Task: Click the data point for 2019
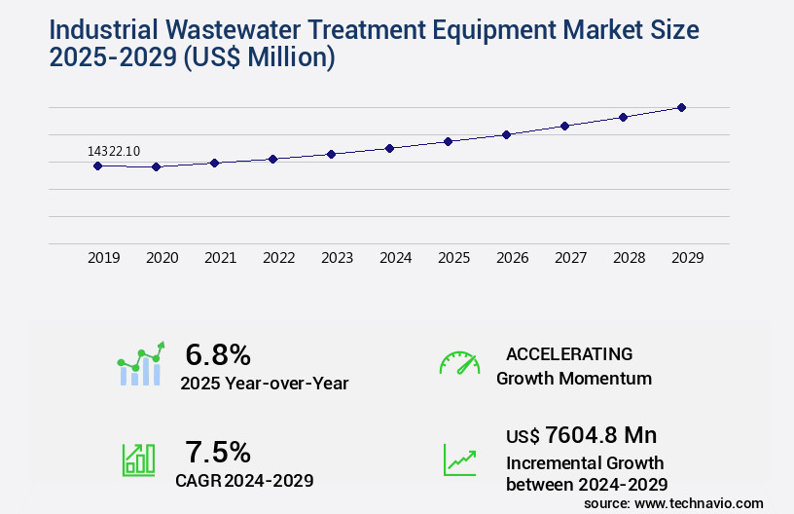[x=97, y=165]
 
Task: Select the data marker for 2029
[x=681, y=107]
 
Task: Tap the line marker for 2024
[x=389, y=148]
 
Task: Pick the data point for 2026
[x=506, y=134]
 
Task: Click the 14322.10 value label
[x=114, y=151]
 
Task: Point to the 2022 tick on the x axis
[x=278, y=258]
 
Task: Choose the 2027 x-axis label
[x=570, y=258]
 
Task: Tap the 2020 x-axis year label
[x=162, y=258]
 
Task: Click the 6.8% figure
[x=218, y=354]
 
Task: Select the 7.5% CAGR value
[x=218, y=452]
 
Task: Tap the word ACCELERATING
[x=569, y=354]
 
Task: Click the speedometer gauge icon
[x=459, y=362]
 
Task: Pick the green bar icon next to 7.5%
[x=138, y=459]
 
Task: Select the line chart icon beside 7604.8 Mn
[x=459, y=459]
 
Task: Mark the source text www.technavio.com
[x=699, y=503]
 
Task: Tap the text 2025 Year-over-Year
[x=264, y=384]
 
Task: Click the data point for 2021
[x=214, y=163]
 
